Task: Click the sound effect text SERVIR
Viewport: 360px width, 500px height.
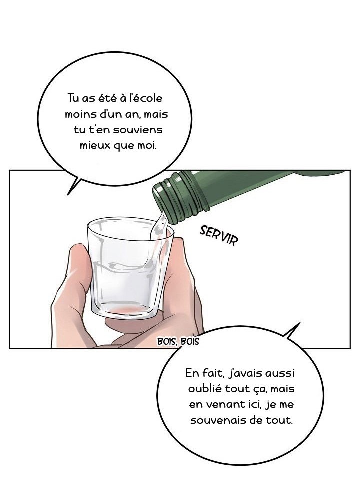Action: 219,235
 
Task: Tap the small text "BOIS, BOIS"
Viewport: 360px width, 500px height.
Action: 178,342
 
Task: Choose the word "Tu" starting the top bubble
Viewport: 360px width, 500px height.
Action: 73,98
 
